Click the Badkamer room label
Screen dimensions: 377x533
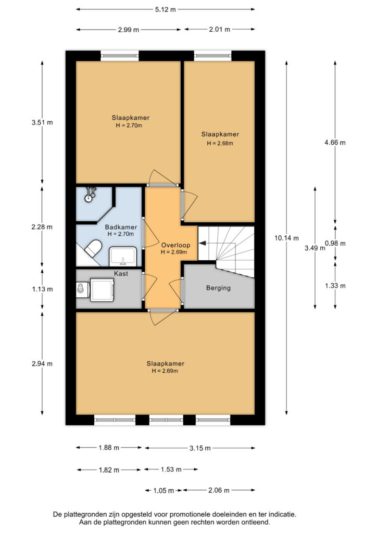coord(121,227)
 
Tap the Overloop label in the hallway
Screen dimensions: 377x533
coord(175,245)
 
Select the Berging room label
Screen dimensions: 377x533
coord(218,288)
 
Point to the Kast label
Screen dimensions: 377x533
coord(121,274)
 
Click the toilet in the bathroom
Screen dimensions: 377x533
coord(93,248)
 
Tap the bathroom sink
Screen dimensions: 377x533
coord(123,257)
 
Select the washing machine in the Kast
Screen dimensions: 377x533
coord(102,290)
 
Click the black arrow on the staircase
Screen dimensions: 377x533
coord(202,243)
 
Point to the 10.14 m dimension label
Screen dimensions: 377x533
coord(286,238)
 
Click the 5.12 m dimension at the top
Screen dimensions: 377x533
coord(166,9)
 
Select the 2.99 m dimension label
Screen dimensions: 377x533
coord(129,30)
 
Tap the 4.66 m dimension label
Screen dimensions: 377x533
coord(335,143)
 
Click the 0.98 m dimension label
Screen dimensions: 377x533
coord(335,243)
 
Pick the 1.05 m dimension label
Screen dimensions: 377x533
coord(164,490)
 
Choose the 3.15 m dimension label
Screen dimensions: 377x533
coord(200,448)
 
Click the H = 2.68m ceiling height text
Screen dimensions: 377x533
coord(220,143)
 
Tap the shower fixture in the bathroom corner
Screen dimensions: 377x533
coord(90,195)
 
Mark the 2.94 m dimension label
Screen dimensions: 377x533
coord(42,364)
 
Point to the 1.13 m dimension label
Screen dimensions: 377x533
coord(43,289)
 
